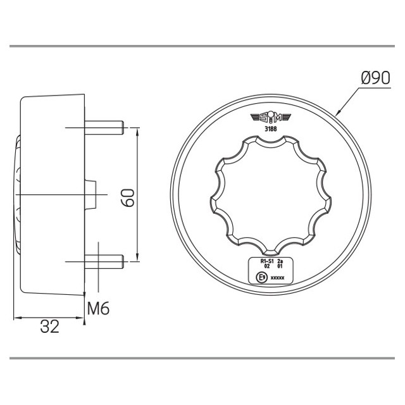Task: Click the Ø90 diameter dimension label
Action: pyautogui.click(x=375, y=78)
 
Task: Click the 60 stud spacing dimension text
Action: pyautogui.click(x=128, y=196)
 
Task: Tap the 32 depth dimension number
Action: pyautogui.click(x=49, y=327)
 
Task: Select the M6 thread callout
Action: pyautogui.click(x=98, y=309)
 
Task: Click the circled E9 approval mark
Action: pyautogui.click(x=259, y=277)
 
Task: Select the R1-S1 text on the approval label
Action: pyautogui.click(x=267, y=261)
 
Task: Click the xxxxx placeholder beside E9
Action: pyautogui.click(x=277, y=277)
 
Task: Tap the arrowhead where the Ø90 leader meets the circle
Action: pyautogui.click(x=338, y=113)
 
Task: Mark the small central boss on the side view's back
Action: pyautogui.click(x=91, y=193)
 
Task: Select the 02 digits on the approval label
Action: pyautogui.click(x=267, y=266)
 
